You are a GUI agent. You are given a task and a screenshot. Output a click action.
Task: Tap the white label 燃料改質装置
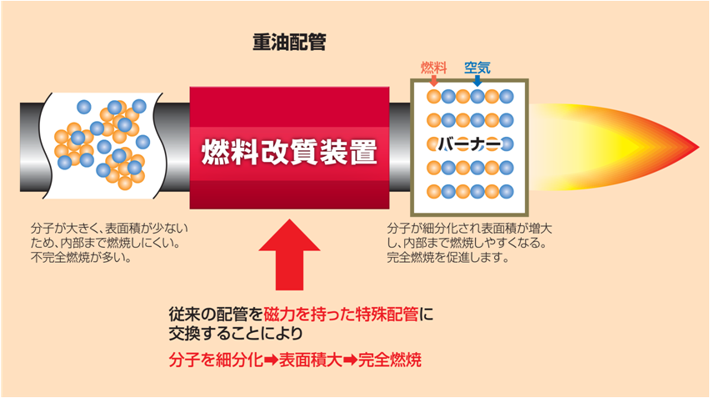pyautogui.click(x=289, y=153)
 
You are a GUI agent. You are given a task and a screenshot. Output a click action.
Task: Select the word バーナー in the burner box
pyautogui.click(x=469, y=144)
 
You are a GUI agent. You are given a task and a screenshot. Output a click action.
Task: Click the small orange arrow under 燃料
pyautogui.click(x=433, y=81)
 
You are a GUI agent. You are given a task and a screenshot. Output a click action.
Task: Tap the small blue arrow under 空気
pyautogui.click(x=477, y=81)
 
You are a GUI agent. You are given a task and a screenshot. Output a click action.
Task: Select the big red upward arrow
pyautogui.click(x=289, y=260)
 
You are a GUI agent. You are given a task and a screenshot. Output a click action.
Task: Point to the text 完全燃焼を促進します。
pyautogui.click(x=447, y=257)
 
